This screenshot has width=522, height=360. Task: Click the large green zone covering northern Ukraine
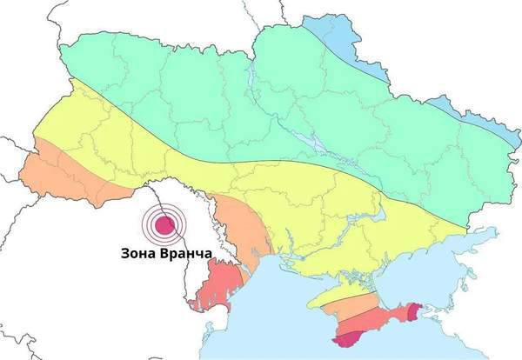[x=261, y=96]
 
